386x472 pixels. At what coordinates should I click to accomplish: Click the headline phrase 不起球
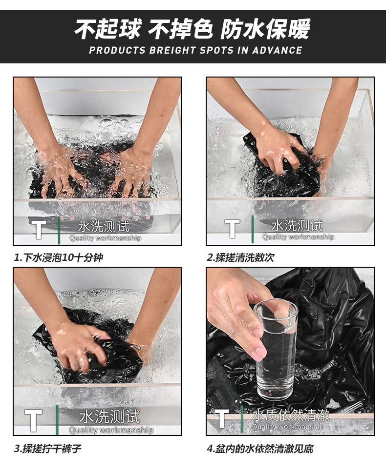pos(107,29)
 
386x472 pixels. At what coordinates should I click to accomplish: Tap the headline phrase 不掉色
pos(180,29)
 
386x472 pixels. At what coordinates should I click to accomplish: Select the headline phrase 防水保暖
pos(266,29)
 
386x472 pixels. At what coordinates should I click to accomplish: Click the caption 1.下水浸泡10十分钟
pos(59,257)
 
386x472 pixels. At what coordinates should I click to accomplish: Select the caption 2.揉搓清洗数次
pos(241,257)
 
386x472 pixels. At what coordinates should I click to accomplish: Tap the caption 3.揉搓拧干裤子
pos(48,449)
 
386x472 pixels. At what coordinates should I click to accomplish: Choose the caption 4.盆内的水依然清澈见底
pos(260,449)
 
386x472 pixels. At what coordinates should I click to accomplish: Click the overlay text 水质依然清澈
pos(291,415)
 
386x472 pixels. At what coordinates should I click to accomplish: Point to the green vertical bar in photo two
pos(253,229)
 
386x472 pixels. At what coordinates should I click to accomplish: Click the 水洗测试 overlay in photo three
pos(110,417)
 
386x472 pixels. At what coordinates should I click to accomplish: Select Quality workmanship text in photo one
pos(105,238)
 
